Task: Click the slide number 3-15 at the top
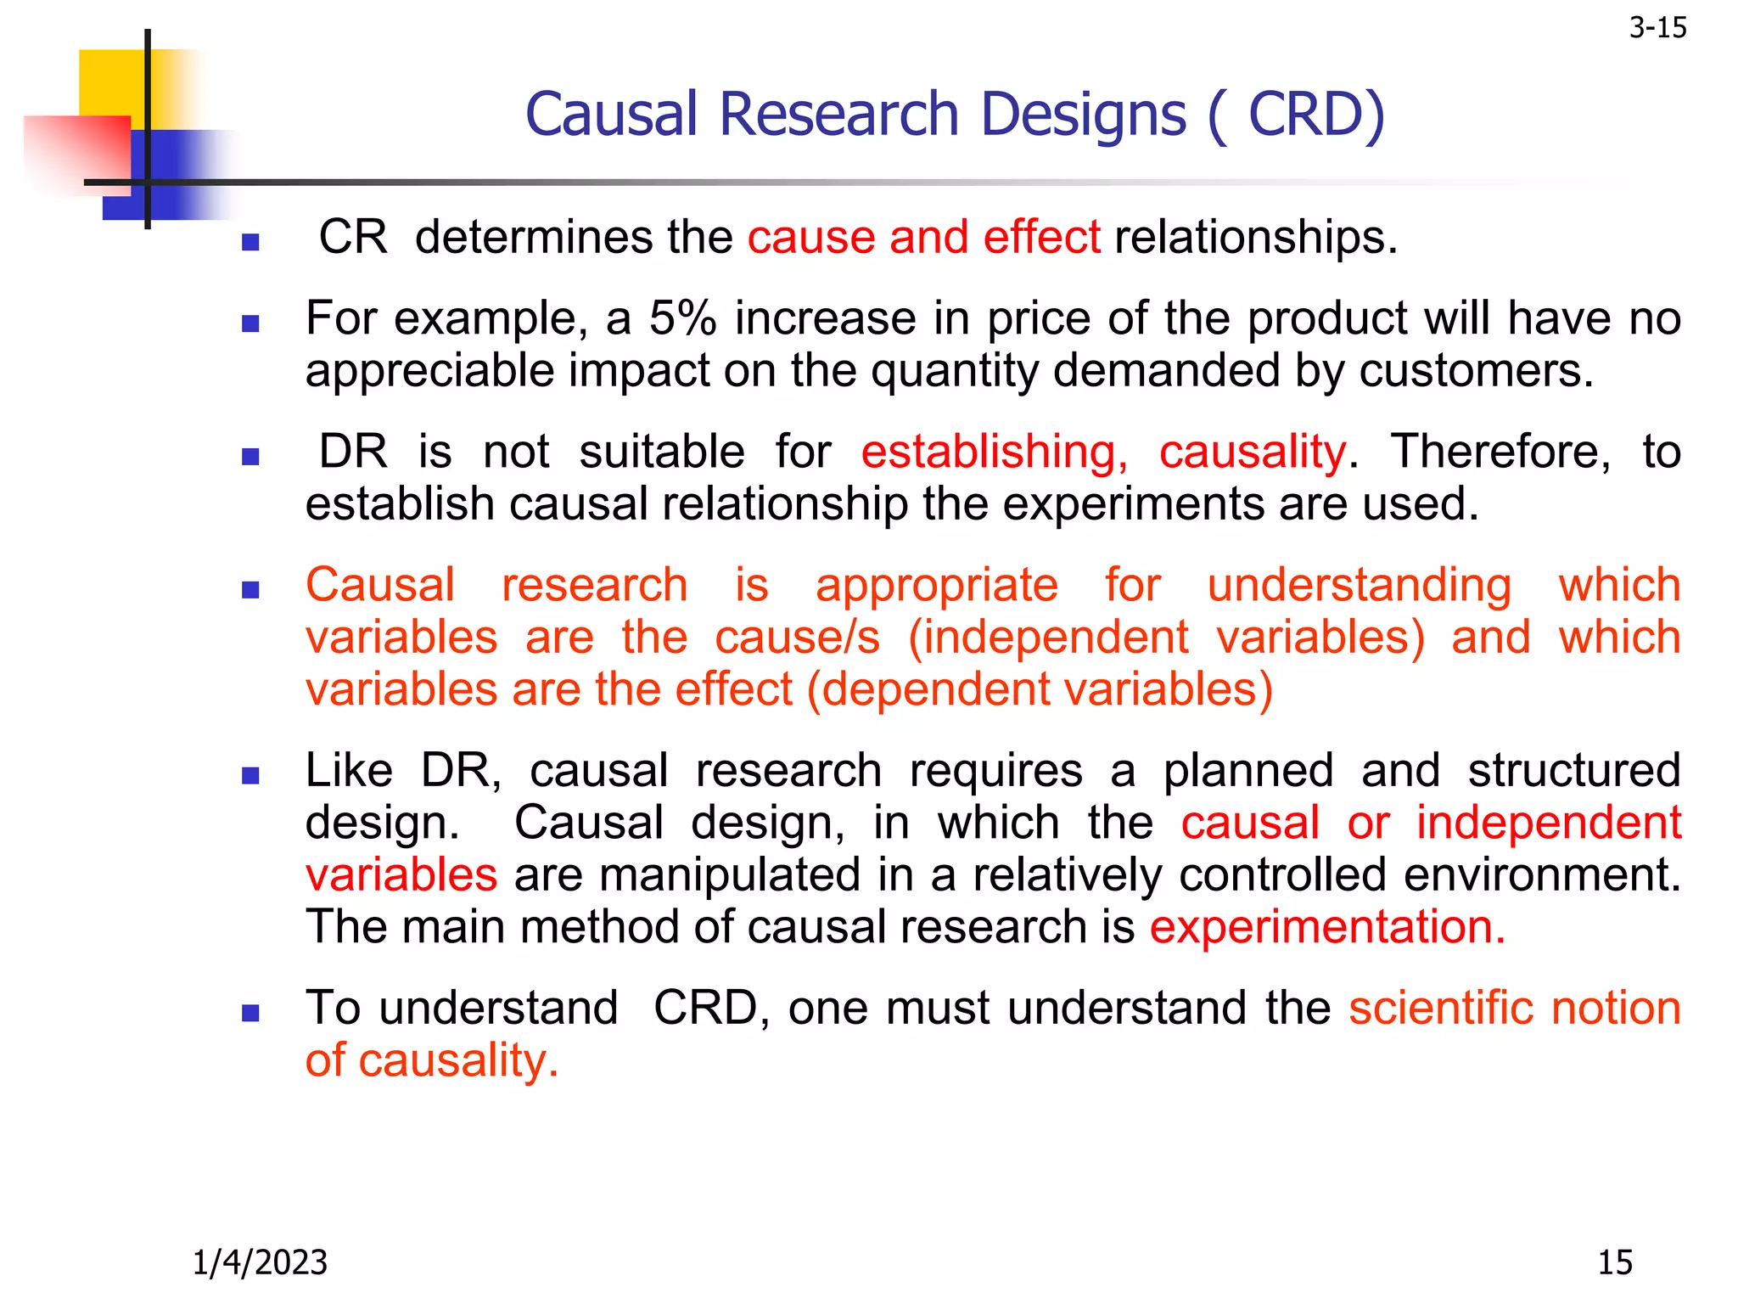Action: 1657,29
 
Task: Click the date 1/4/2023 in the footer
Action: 260,1262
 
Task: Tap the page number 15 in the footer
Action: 1614,1262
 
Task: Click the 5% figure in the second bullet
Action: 683,319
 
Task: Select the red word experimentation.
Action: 1327,927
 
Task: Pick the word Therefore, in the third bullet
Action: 1500,452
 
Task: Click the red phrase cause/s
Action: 797,638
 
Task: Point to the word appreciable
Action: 428,372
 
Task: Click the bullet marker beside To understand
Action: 250,1012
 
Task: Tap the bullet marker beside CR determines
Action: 250,243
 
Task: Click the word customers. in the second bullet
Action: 1476,372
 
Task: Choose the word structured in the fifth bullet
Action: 1574,771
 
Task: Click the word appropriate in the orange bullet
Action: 937,586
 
